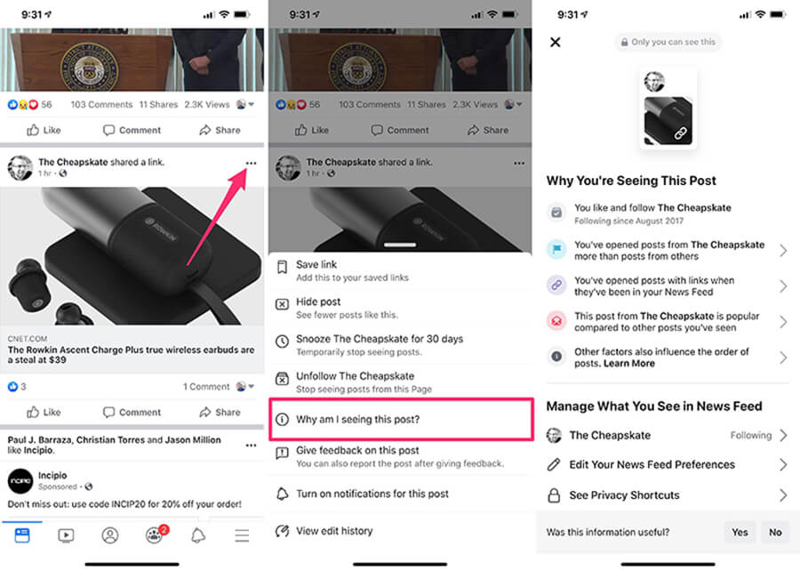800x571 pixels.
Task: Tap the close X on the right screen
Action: coord(556,43)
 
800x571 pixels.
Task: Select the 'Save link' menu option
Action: coord(316,265)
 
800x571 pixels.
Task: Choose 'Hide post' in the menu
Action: coord(318,302)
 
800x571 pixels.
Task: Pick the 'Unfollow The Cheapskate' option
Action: coord(355,376)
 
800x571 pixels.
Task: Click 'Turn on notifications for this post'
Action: coord(372,494)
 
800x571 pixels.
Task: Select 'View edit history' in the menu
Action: coord(334,531)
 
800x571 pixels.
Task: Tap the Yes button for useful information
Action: coord(740,532)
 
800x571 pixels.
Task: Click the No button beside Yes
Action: coord(775,532)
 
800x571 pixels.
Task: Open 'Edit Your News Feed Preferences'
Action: coord(652,464)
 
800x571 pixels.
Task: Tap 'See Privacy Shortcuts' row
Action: coord(624,495)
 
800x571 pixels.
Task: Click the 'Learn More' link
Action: coord(629,364)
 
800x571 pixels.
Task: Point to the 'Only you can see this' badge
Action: coord(668,42)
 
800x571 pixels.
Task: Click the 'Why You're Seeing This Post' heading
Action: coord(631,181)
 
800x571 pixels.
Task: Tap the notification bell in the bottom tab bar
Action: coord(198,535)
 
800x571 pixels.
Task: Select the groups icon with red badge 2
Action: coord(155,535)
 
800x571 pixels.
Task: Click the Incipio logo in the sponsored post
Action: coord(20,481)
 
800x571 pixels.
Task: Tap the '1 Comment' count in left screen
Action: coord(206,387)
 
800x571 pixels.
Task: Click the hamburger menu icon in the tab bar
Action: coord(242,535)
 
